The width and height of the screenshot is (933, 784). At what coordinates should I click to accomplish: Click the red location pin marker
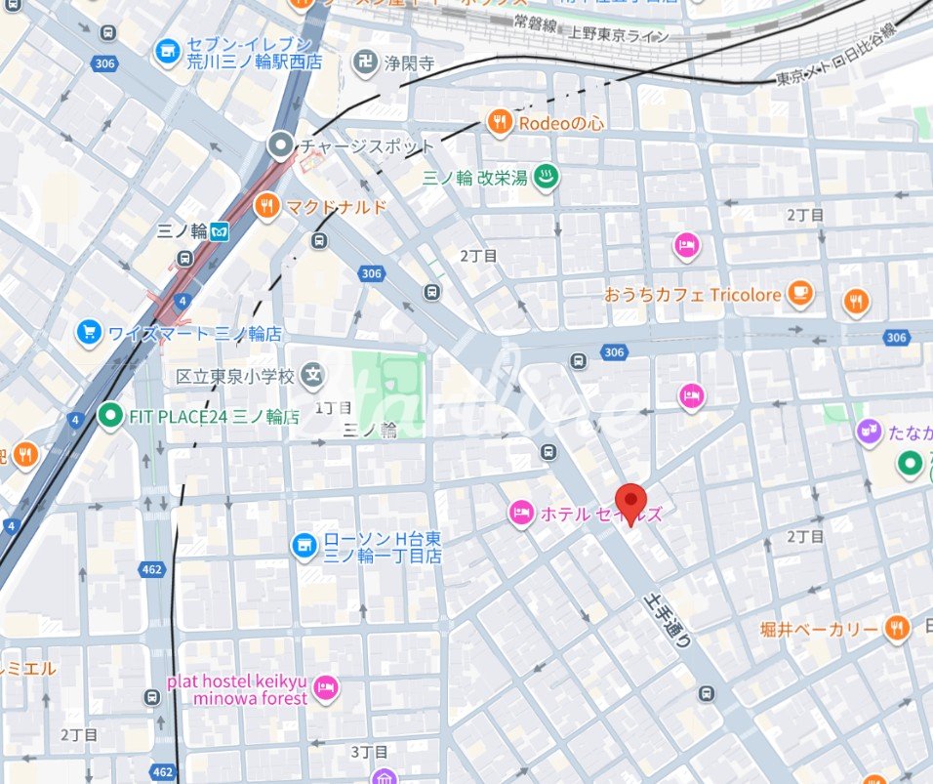[x=634, y=503]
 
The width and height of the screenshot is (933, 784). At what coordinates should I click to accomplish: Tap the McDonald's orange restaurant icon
[x=265, y=206]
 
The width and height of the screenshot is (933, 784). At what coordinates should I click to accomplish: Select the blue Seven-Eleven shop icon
[x=167, y=51]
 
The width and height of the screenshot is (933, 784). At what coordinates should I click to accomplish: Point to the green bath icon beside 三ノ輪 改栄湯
[x=547, y=177]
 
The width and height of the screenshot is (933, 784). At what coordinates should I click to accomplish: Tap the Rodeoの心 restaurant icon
[x=500, y=122]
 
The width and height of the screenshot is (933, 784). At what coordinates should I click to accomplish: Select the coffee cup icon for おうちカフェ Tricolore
[x=799, y=293]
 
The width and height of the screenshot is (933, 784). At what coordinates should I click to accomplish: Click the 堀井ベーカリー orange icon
[x=897, y=629]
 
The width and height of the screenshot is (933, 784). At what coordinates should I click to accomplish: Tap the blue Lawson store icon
[x=304, y=545]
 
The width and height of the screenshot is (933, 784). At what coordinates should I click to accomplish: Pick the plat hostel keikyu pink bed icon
[x=326, y=689]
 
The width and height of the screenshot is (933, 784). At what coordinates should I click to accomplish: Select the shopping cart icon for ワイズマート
[x=89, y=333]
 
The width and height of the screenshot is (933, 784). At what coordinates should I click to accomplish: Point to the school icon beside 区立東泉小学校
[x=312, y=374]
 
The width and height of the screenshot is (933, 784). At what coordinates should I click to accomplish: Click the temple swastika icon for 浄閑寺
[x=366, y=62]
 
